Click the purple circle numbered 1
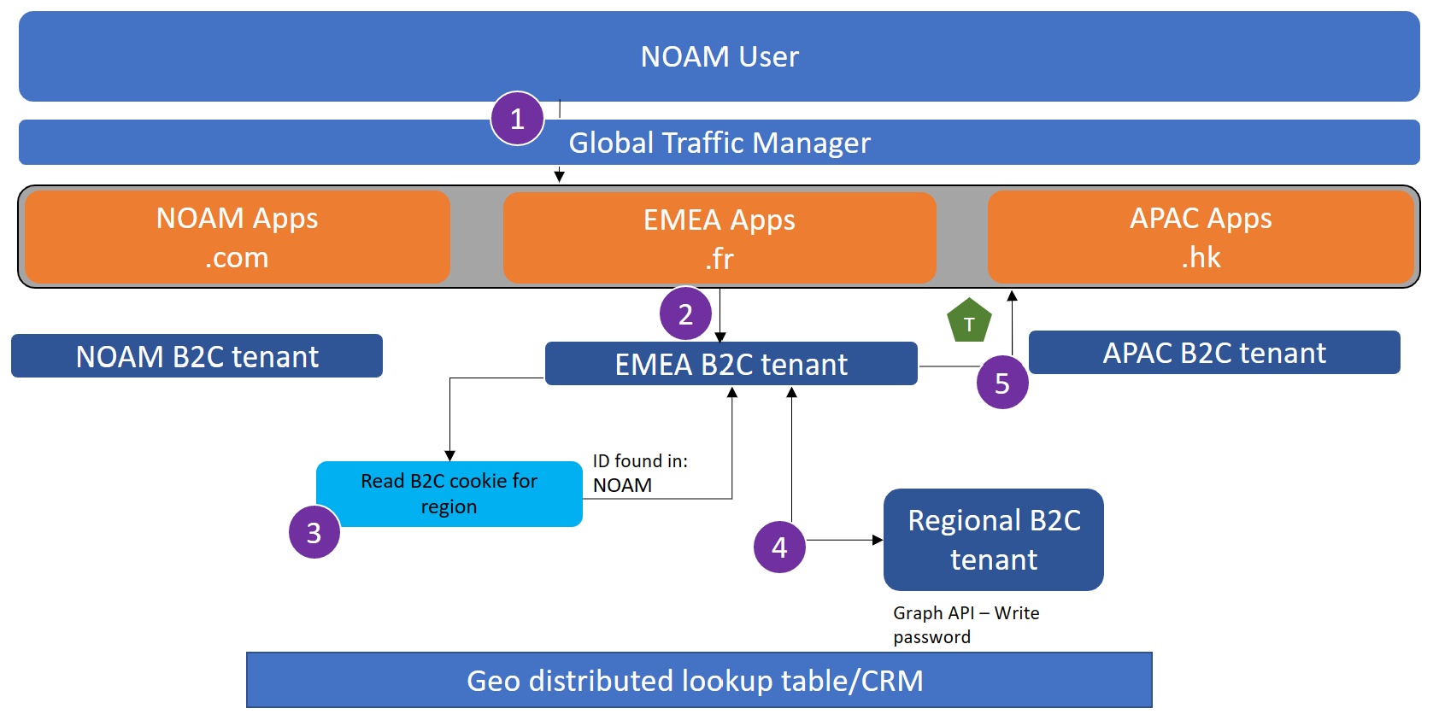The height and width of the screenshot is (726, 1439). pos(517,119)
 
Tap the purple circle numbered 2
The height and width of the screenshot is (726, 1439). pos(685,313)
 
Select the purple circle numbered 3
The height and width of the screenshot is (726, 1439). pos(314,532)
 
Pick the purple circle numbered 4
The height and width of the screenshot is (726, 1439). pos(779,547)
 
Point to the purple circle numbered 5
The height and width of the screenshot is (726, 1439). pos(1002,383)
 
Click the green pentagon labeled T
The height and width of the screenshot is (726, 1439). pos(969,322)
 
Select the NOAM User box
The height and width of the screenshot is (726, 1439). pos(719,56)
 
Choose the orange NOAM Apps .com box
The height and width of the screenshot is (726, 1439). pos(238,237)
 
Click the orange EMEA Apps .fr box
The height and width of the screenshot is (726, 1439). pos(719,238)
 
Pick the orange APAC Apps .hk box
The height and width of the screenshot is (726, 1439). pos(1201,237)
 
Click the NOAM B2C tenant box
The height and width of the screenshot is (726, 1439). pos(197,356)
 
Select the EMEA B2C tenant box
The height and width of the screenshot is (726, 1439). pos(731,364)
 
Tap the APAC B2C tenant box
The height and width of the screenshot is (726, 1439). pos(1214,353)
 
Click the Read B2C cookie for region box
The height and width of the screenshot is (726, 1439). pos(449,494)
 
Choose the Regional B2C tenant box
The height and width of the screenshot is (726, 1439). pos(994,540)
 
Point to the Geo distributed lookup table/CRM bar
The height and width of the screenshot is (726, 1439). pos(699,681)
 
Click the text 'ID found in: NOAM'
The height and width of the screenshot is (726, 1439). pos(640,473)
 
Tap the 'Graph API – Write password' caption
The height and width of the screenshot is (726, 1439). pos(966,624)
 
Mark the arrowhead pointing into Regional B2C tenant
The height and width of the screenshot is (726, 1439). pos(878,540)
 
